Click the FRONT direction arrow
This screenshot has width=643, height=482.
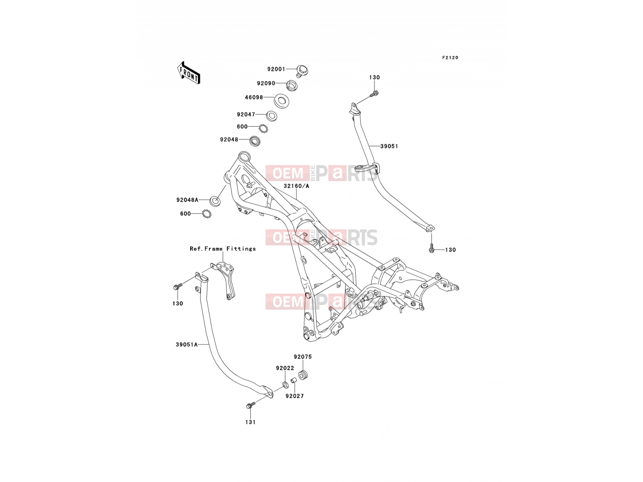(x=188, y=73)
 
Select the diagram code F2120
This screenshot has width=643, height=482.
(x=450, y=58)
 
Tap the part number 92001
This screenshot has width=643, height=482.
(x=276, y=69)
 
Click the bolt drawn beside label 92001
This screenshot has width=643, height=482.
(x=302, y=71)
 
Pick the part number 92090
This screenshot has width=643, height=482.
(x=266, y=84)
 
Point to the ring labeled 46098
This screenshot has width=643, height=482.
(x=282, y=101)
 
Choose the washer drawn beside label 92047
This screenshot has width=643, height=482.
(x=272, y=116)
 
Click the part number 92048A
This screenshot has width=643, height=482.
(x=187, y=200)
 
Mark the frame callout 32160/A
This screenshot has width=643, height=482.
(x=296, y=186)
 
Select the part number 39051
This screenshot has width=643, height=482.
(x=389, y=146)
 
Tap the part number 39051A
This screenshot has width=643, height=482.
(x=186, y=345)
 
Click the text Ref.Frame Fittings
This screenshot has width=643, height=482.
(x=223, y=249)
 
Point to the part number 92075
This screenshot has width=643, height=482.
(x=303, y=357)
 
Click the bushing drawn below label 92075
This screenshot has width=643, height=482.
(x=303, y=375)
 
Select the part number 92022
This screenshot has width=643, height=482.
(x=285, y=368)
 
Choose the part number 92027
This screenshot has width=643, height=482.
(x=295, y=396)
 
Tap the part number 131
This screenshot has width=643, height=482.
(x=250, y=422)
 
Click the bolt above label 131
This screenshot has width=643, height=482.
(x=251, y=405)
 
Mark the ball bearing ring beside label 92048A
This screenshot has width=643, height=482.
(x=206, y=214)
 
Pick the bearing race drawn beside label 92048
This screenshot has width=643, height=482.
(x=255, y=141)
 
